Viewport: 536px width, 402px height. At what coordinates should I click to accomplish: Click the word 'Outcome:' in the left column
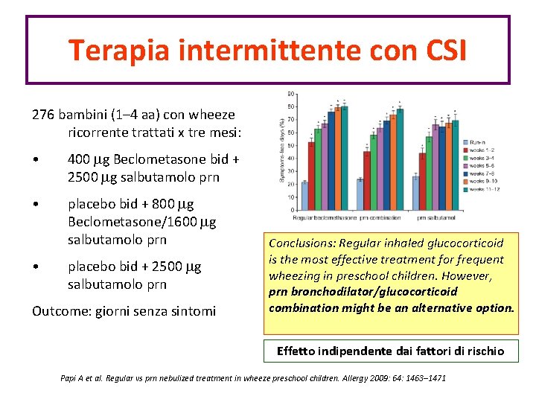point(60,310)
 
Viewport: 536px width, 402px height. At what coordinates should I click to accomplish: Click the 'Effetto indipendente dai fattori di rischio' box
point(390,351)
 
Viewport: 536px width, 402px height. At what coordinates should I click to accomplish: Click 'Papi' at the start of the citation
point(69,378)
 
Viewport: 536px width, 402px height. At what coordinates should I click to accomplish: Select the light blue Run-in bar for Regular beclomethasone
point(304,196)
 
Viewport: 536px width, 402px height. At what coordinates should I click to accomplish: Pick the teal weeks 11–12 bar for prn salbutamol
point(455,165)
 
